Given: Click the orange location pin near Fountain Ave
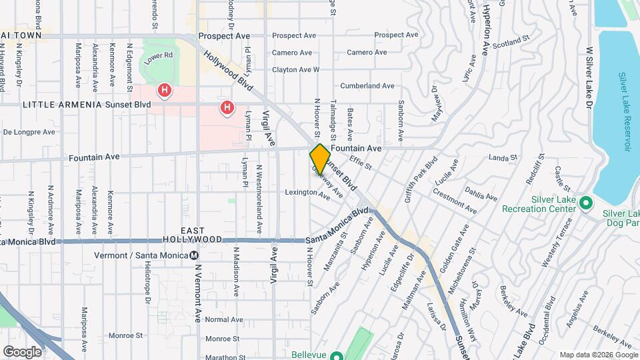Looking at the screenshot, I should [320, 159].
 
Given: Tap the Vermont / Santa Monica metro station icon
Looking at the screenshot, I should [194, 255].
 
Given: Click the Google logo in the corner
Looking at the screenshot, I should [22, 351].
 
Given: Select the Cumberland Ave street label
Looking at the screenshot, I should [367, 86].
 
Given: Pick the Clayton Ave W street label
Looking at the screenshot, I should [295, 69].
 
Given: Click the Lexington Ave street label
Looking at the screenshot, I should [308, 194].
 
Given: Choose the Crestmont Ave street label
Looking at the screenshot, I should [454, 201].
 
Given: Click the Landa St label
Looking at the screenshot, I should [503, 158].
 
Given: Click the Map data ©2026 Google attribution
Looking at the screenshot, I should [597, 354].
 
